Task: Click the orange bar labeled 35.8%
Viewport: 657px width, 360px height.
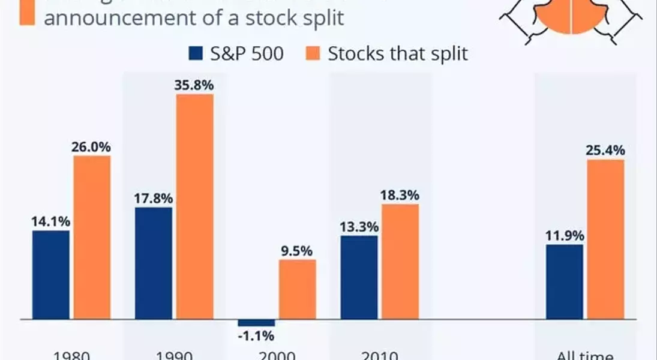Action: click(194, 206)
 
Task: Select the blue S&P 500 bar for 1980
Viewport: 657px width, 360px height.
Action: click(51, 274)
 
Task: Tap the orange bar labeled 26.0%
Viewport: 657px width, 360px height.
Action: click(92, 237)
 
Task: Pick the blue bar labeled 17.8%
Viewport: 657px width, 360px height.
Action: click(154, 263)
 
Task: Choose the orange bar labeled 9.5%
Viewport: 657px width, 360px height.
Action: click(297, 289)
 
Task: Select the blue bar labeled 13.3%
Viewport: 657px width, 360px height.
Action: click(359, 277)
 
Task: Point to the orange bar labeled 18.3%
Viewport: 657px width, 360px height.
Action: click(400, 261)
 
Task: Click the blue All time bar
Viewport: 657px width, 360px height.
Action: click(565, 281)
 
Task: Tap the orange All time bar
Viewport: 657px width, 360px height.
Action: click(605, 239)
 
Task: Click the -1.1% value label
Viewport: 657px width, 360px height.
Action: click(256, 336)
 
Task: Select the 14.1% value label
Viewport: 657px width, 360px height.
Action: click(51, 221)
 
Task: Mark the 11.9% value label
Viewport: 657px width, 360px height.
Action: click(565, 234)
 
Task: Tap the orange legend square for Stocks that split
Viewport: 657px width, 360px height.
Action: click(313, 54)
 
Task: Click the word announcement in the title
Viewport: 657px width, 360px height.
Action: click(115, 17)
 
